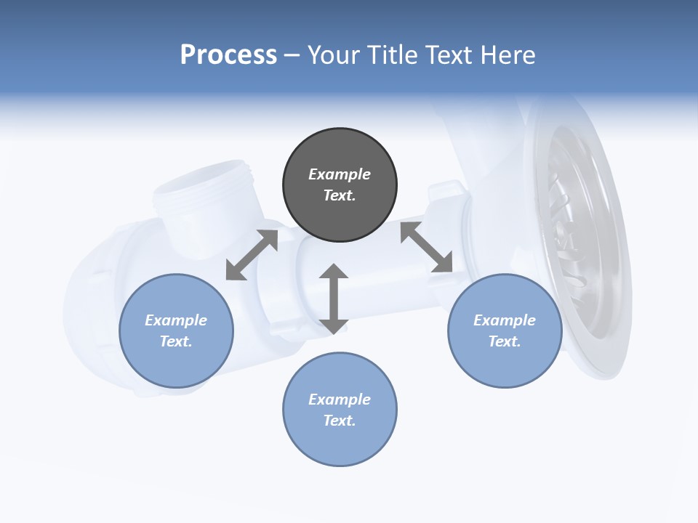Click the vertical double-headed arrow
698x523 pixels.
coord(334,299)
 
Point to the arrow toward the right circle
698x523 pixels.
coord(427,247)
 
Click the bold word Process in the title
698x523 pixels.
coord(228,54)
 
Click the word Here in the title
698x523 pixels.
coord(508,55)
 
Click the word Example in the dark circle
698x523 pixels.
coord(340,174)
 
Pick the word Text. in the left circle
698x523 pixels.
coord(176,341)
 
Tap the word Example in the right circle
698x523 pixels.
coord(505,320)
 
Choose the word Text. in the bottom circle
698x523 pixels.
coord(340,421)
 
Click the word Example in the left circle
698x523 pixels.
coord(176,320)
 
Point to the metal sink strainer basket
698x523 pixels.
coord(582,232)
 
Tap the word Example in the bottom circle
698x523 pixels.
coord(340,400)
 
